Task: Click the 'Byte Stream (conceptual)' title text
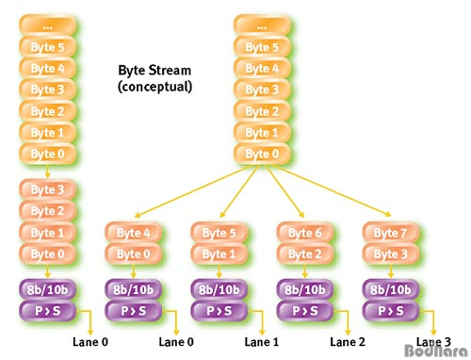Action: (x=154, y=78)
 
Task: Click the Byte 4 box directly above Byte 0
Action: (x=133, y=232)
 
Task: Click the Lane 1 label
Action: (x=262, y=342)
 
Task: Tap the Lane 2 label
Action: (x=349, y=342)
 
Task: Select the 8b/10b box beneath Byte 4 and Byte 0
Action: (x=133, y=289)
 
